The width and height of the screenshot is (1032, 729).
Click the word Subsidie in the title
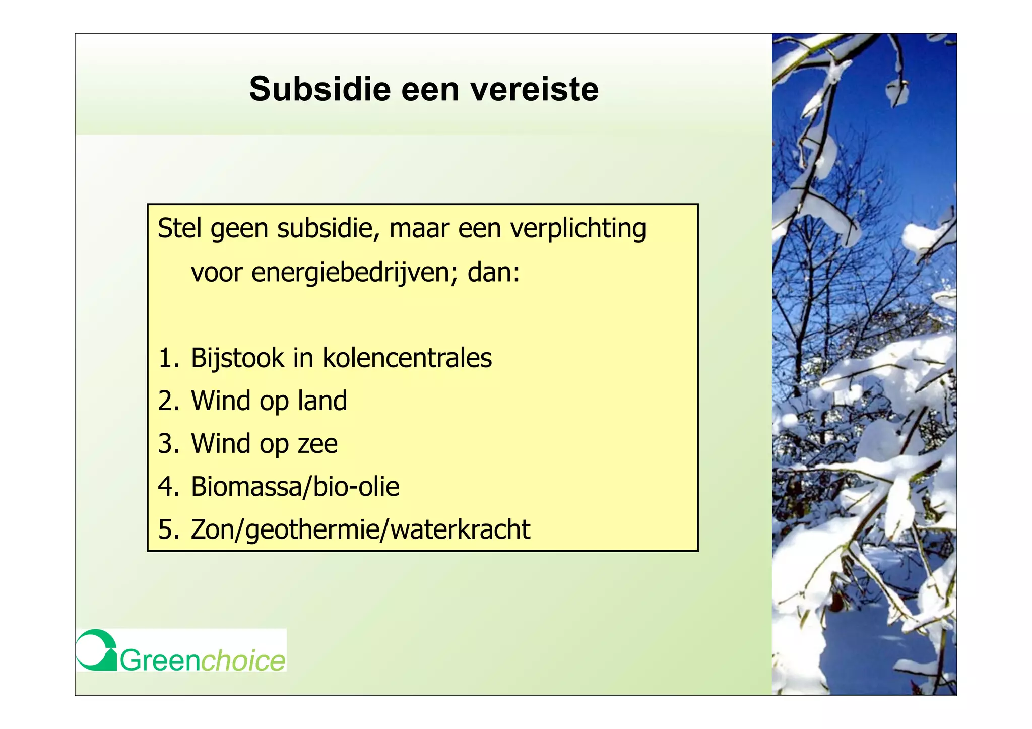click(319, 89)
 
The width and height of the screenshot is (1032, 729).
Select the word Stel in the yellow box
click(180, 228)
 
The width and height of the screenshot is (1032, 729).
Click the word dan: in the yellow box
click(493, 273)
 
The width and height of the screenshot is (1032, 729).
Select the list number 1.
click(168, 358)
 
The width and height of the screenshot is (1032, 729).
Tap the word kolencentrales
click(407, 358)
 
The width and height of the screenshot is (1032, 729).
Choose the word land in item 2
click(322, 401)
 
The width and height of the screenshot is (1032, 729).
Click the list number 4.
click(168, 487)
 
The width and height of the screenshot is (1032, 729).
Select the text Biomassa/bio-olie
click(295, 487)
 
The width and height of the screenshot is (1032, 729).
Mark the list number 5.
click(168, 529)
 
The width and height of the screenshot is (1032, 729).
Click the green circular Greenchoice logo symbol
click(96, 650)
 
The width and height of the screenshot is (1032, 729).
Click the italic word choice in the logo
click(243, 660)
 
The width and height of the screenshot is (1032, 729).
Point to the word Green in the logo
click(160, 660)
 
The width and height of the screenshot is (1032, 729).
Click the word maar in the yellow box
click(419, 228)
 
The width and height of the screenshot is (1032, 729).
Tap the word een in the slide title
click(430, 89)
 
